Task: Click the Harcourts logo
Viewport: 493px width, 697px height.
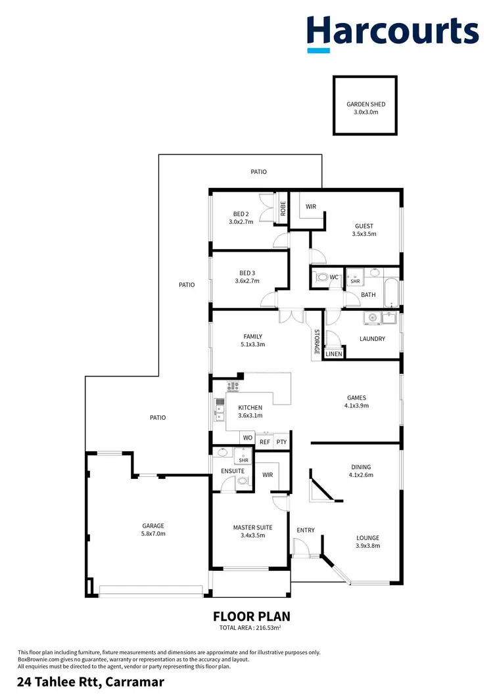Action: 392,32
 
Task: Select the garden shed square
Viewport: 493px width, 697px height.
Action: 365,106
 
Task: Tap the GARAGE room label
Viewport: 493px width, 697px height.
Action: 153,526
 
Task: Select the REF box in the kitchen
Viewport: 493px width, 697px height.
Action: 265,442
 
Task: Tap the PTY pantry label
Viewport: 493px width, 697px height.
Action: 281,442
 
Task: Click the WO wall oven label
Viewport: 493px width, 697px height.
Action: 248,438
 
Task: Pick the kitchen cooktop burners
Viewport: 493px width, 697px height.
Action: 232,387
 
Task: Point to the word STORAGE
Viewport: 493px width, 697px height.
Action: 316,342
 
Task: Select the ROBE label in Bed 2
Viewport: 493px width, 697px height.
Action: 283,208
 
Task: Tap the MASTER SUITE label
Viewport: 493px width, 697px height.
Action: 252,528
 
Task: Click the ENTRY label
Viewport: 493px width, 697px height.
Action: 306,530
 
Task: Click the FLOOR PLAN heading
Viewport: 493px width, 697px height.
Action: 251,616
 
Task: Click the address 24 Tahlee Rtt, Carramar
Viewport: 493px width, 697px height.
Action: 90,682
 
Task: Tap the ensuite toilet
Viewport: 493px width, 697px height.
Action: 242,481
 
